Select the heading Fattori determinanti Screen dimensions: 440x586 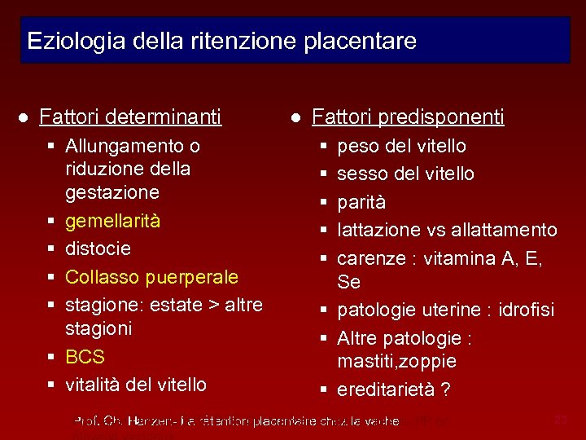click(130, 117)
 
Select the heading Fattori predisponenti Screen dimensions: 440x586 click(408, 117)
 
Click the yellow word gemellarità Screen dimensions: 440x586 click(112, 221)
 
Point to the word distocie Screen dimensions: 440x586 click(98, 249)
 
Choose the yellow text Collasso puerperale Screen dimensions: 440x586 click(151, 277)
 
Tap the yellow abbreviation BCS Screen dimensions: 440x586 click(85, 357)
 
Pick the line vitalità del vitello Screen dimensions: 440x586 click(136, 385)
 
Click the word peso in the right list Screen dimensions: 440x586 click(355, 146)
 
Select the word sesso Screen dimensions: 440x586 click(360, 174)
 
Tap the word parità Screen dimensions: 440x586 click(361, 202)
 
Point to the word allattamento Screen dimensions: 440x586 click(505, 231)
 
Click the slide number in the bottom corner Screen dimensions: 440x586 click(560, 420)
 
